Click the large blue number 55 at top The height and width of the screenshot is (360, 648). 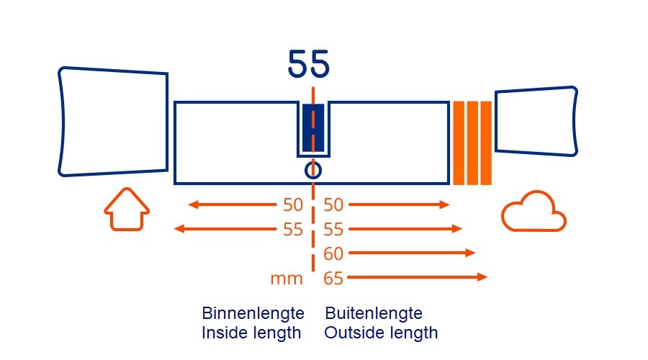pyautogui.click(x=309, y=65)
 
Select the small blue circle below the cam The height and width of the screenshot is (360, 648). pyautogui.click(x=312, y=170)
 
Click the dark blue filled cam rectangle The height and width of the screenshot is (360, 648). pyautogui.click(x=312, y=127)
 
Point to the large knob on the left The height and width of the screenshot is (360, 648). pyautogui.click(x=112, y=122)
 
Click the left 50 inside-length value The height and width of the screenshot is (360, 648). pyautogui.click(x=293, y=205)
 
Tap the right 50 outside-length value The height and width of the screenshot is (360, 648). pyautogui.click(x=333, y=205)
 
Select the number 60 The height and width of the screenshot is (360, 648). pyautogui.click(x=333, y=253)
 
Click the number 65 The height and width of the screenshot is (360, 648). pyautogui.click(x=333, y=278)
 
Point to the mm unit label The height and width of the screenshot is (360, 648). pyautogui.click(x=287, y=279)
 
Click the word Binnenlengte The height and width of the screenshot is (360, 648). pyautogui.click(x=253, y=314)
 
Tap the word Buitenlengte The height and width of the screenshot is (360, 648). pyautogui.click(x=374, y=314)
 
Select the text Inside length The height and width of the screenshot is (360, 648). pyautogui.click(x=251, y=333)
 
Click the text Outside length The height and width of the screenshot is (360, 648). pyautogui.click(x=381, y=333)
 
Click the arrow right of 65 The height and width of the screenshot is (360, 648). pyautogui.click(x=418, y=277)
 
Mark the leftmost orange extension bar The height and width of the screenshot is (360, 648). pyautogui.click(x=458, y=143)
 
